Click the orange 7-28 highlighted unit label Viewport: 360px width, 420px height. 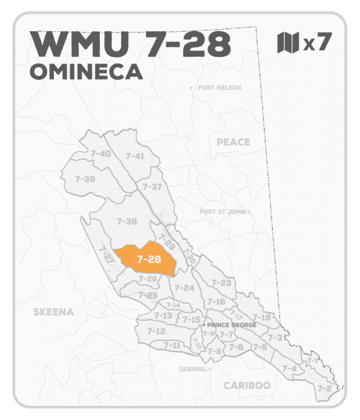(148, 260)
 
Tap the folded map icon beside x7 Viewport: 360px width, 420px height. (288, 43)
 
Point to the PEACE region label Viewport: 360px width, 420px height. (233, 142)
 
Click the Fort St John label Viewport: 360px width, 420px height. (223, 211)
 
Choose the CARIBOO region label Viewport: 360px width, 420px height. (247, 385)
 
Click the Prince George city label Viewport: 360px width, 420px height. (231, 325)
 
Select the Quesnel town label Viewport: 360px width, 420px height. (193, 368)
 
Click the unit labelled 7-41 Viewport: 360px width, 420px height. (135, 156)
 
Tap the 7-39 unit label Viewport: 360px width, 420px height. (85, 179)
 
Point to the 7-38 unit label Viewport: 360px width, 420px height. (127, 221)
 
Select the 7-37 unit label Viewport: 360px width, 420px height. (152, 187)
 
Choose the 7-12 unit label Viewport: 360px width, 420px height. (156, 331)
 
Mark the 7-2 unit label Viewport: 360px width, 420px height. (324, 388)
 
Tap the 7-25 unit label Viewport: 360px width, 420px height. (147, 295)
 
